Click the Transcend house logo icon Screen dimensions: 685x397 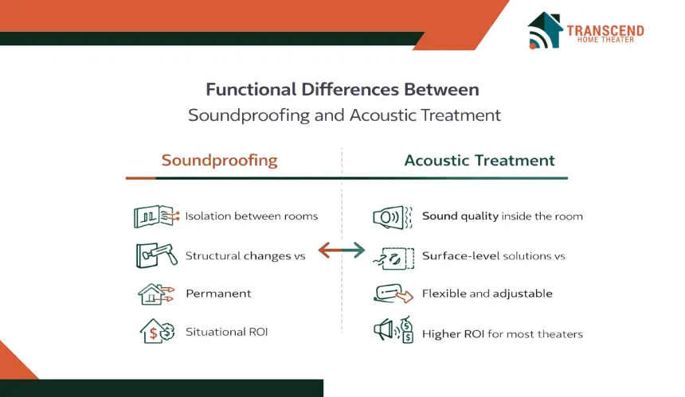(x=545, y=30)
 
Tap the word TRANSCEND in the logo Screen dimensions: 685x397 (x=605, y=30)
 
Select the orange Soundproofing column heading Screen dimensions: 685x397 (x=219, y=160)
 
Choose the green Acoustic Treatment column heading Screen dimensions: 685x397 (x=479, y=160)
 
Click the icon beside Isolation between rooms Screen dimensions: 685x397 (x=156, y=216)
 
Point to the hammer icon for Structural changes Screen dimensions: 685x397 (x=157, y=255)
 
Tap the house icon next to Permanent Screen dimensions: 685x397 (x=156, y=294)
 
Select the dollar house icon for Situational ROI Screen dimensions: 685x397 (x=157, y=331)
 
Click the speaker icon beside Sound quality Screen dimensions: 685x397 (x=393, y=217)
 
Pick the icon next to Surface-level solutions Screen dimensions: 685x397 (x=393, y=258)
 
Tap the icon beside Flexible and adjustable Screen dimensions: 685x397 (x=393, y=294)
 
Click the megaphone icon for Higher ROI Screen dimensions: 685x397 (x=393, y=330)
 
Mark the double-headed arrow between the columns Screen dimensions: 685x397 (x=341, y=251)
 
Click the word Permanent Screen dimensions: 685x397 (x=218, y=293)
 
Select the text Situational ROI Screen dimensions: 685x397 (x=227, y=332)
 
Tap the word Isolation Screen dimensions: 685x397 (x=208, y=216)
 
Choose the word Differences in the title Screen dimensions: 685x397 (x=350, y=89)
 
